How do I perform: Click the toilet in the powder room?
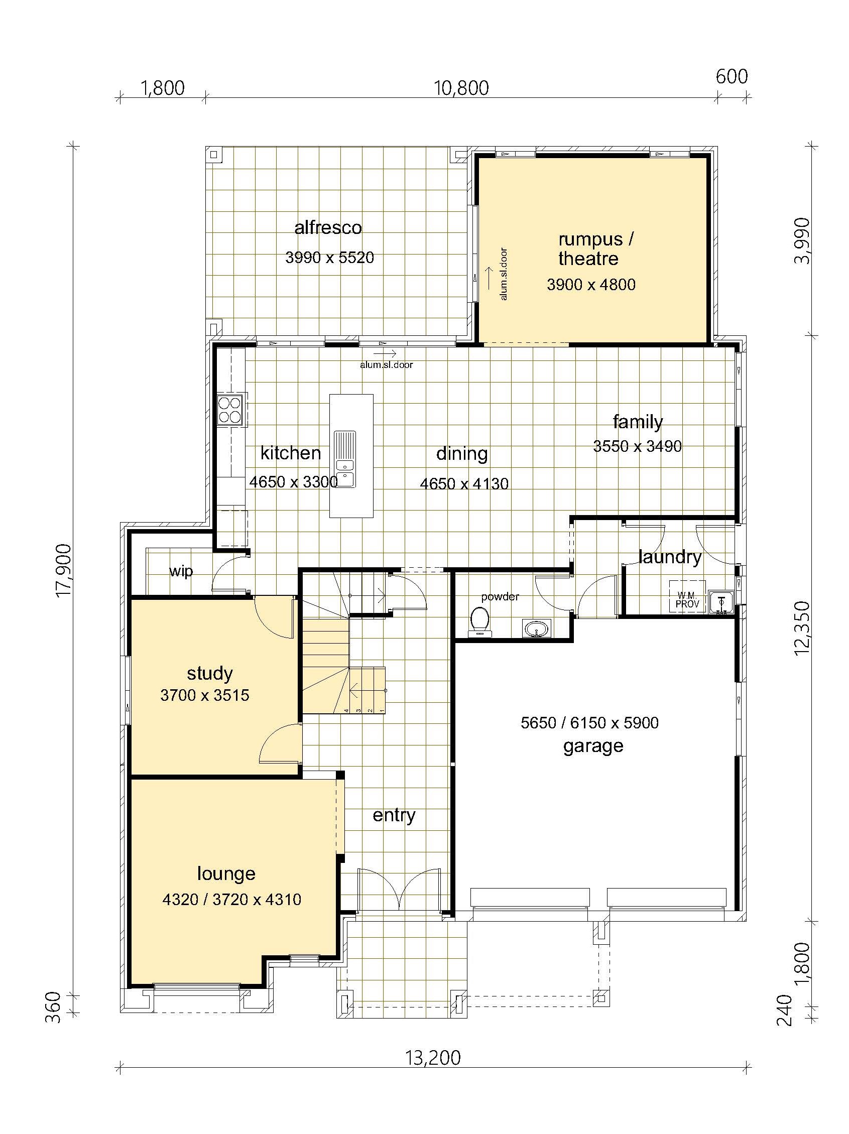click(x=480, y=621)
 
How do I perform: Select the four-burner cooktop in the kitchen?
click(x=230, y=409)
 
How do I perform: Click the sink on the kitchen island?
click(x=345, y=459)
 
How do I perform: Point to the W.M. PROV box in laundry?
click(x=687, y=597)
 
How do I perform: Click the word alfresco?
click(x=328, y=227)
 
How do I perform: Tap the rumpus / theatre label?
click(x=595, y=248)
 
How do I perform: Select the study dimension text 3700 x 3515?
click(x=204, y=695)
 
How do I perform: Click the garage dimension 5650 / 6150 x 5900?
click(x=589, y=723)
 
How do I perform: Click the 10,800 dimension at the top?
click(x=461, y=88)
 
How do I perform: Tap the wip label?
click(x=181, y=571)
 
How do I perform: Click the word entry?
click(x=394, y=815)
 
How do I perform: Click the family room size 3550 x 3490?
click(x=637, y=446)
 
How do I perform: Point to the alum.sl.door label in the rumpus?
click(x=504, y=274)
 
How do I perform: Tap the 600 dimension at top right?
click(x=732, y=76)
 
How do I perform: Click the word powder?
click(x=500, y=597)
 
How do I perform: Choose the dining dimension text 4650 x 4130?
click(x=464, y=483)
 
